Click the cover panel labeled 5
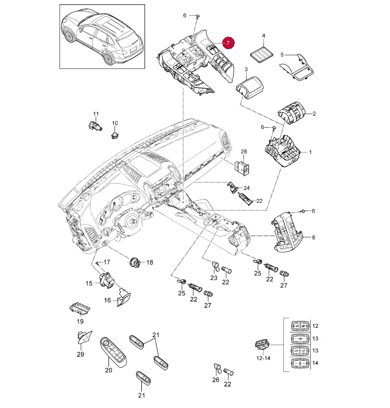click(x=298, y=67)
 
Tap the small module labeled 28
click(x=243, y=167)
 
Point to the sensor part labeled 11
click(x=93, y=125)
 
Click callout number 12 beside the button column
click(x=315, y=326)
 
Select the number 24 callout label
click(x=247, y=188)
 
